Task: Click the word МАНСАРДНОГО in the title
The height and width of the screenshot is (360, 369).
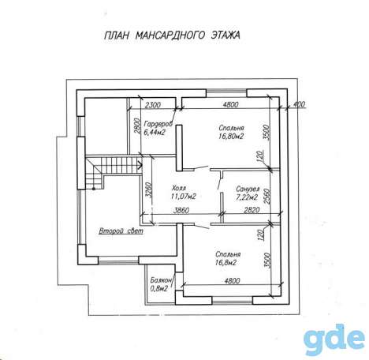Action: [x=170, y=36]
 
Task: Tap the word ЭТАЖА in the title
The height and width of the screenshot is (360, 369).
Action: [x=225, y=35]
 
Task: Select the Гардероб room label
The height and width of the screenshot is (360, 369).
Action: [x=158, y=123]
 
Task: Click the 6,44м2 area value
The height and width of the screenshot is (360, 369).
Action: [x=155, y=132]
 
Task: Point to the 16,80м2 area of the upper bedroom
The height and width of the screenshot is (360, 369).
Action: [x=231, y=137]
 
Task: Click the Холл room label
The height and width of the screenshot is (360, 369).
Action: [x=179, y=188]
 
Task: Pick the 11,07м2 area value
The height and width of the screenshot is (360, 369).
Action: [x=184, y=197]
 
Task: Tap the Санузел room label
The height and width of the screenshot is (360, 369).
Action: [x=248, y=189]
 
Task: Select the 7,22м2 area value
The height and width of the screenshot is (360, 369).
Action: [x=247, y=197]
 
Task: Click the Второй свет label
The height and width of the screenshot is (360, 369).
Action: [x=121, y=231]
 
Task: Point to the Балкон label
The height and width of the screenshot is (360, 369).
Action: [x=161, y=280]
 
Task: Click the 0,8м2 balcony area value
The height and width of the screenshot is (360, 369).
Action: [x=159, y=288]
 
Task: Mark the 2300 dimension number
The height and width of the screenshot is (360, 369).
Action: [x=153, y=105]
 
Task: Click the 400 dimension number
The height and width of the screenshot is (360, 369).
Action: [x=299, y=104]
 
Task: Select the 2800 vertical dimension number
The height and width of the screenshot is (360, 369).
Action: [x=136, y=126]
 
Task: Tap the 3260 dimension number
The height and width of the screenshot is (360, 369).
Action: [x=149, y=189]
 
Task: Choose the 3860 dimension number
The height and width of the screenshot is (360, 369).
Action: [x=181, y=211]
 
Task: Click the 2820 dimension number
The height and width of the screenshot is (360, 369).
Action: [x=252, y=210]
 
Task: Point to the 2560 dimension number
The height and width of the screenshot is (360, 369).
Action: [x=266, y=197]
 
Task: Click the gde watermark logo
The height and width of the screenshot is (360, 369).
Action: [x=334, y=340]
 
